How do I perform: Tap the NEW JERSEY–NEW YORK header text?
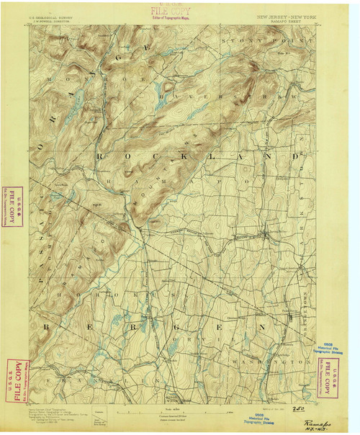click(x=285, y=14)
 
